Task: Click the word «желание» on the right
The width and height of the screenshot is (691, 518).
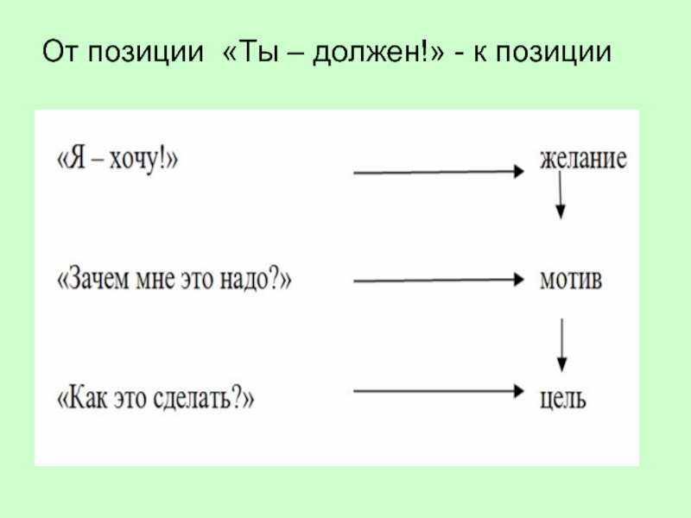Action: coord(583,159)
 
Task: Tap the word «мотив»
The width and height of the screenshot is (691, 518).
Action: coord(571,279)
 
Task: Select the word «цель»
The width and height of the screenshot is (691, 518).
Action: coord(563,399)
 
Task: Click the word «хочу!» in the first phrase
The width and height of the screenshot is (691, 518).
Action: coord(141,160)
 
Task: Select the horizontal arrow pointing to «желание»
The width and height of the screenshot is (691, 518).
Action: coord(439,172)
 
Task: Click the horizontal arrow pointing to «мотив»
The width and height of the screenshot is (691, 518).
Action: coord(439,280)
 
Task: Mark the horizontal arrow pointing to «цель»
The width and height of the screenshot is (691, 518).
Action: coord(439,391)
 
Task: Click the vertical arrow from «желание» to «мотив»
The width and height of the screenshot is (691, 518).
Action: coord(560,195)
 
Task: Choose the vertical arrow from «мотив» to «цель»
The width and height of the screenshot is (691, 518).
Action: coord(561,345)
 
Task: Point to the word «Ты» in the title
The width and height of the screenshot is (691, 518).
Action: coord(261,52)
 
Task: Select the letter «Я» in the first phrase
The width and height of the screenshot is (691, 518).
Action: coord(77,159)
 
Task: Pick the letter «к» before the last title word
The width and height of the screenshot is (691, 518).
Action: coord(481,54)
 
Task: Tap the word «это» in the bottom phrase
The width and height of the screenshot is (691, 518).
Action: coord(130,400)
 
